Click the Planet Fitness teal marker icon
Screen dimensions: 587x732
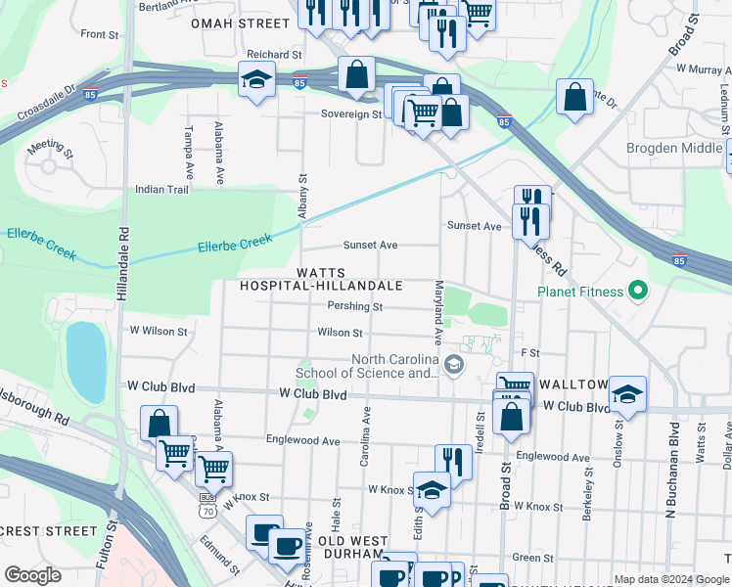pyautogui.click(x=638, y=291)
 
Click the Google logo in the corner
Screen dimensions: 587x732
pyautogui.click(x=32, y=574)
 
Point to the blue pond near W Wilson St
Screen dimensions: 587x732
pyautogui.click(x=85, y=361)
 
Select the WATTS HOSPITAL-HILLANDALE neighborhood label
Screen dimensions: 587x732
pyautogui.click(x=323, y=278)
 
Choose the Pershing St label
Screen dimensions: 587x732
pyautogui.click(x=354, y=306)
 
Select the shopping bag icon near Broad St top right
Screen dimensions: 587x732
pyautogui.click(x=575, y=96)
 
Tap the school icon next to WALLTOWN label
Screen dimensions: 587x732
pyautogui.click(x=627, y=394)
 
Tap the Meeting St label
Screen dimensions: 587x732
pyautogui.click(x=51, y=148)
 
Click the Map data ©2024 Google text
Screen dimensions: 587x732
pyautogui.click(x=670, y=579)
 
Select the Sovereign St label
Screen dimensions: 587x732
pyautogui.click(x=351, y=114)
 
